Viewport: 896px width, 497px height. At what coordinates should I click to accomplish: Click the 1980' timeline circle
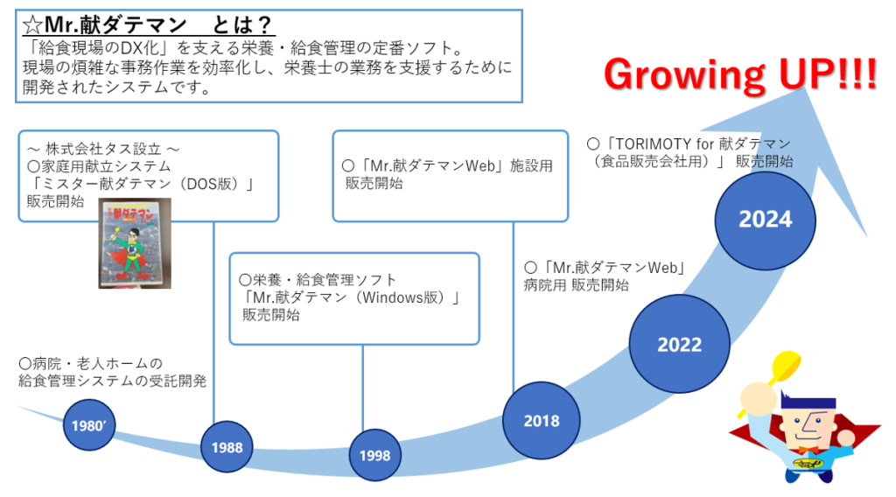click(x=89, y=427)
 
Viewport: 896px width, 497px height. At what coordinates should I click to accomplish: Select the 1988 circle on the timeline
click(x=227, y=448)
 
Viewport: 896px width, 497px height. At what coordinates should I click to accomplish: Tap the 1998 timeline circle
click(x=375, y=456)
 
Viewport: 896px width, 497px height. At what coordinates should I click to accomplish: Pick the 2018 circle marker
click(x=542, y=421)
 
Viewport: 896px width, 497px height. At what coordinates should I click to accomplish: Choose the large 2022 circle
click(x=679, y=344)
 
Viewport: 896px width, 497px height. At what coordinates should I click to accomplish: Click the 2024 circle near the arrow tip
click(x=765, y=220)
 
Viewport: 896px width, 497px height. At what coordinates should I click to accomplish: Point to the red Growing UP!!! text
click(x=740, y=76)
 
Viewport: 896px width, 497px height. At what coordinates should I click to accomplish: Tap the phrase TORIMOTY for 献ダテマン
click(x=698, y=143)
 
